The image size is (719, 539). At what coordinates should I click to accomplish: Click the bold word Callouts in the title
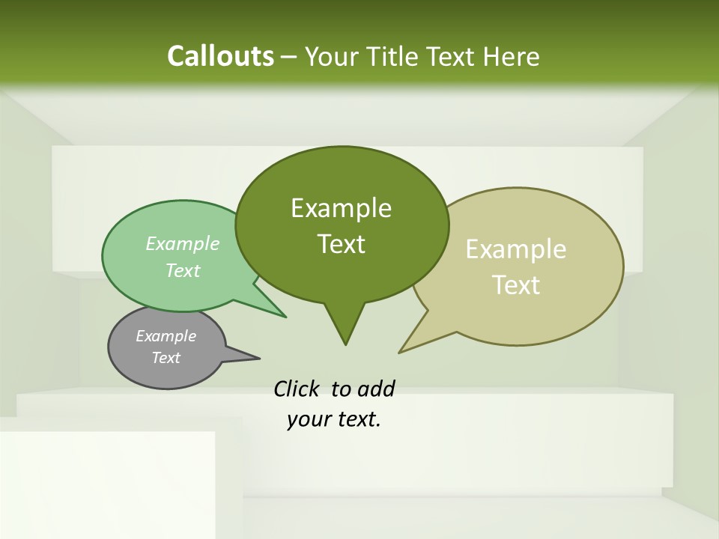tap(220, 56)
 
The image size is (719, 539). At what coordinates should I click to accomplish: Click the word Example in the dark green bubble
tap(341, 208)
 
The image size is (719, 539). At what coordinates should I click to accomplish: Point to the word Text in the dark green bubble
tap(341, 244)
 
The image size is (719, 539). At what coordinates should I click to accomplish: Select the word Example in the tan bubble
tap(516, 249)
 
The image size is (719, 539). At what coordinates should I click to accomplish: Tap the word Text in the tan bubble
tap(516, 285)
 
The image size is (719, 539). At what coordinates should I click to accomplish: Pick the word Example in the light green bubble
tap(183, 243)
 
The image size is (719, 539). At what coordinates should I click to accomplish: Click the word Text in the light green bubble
tap(183, 270)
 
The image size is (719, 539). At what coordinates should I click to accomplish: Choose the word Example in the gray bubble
tap(166, 336)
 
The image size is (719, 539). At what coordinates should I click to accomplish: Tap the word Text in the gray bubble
tap(166, 358)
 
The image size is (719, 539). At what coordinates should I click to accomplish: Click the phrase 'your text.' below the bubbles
tap(334, 420)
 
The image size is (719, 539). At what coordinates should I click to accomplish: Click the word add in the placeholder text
tap(376, 389)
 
